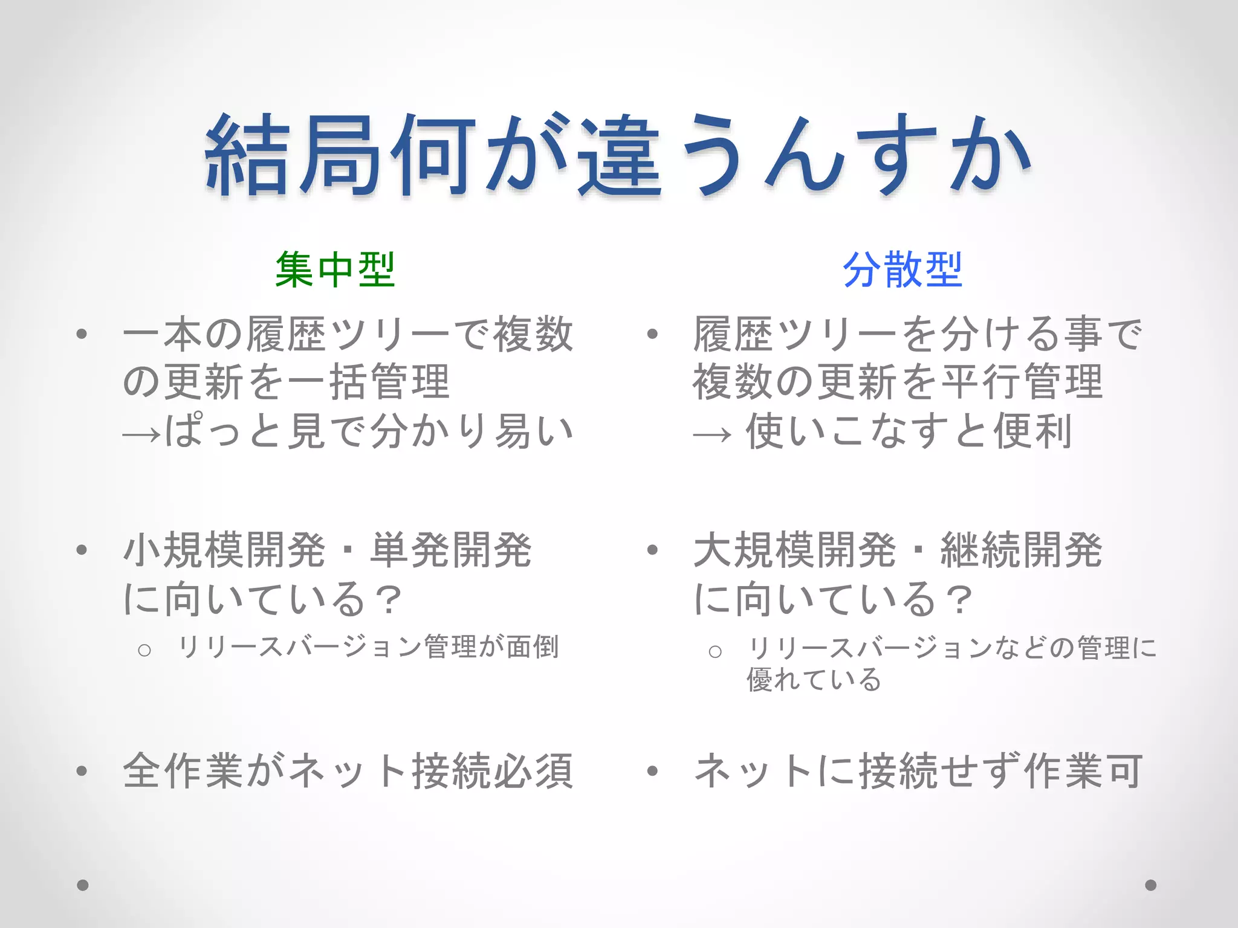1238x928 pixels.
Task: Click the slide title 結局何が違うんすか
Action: click(x=618, y=156)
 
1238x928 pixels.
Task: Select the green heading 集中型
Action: click(x=335, y=270)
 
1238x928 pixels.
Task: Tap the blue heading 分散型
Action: click(x=902, y=270)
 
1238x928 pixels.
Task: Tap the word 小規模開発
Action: click(x=224, y=550)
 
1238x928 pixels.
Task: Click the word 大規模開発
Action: click(x=794, y=550)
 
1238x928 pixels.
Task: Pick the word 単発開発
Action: click(x=451, y=550)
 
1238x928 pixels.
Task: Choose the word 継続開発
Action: click(x=1022, y=550)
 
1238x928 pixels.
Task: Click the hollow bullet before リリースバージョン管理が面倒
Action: click(x=144, y=651)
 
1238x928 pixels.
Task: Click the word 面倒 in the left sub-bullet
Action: click(x=533, y=647)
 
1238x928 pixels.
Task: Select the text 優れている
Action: click(x=814, y=680)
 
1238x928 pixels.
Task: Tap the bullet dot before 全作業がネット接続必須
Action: click(x=82, y=771)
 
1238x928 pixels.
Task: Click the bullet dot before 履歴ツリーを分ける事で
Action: click(x=652, y=333)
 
